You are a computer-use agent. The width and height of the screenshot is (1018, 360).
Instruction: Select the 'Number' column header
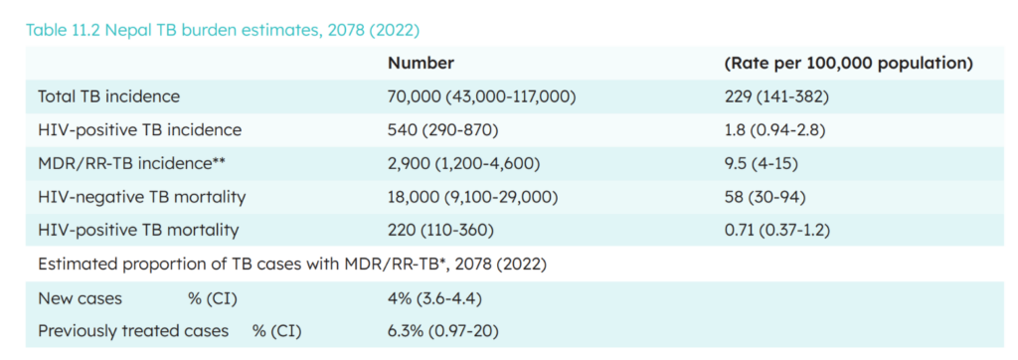pos(421,63)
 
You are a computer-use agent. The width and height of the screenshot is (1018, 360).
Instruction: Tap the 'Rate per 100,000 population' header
pos(849,64)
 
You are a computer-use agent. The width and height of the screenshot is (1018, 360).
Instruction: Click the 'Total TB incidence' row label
pos(109,96)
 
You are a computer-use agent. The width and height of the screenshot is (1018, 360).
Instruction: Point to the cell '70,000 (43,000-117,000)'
pos(482,97)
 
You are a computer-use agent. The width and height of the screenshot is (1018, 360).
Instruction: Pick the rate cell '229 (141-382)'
pos(776,97)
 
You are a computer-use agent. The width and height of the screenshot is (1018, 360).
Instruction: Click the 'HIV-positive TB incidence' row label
pos(139,130)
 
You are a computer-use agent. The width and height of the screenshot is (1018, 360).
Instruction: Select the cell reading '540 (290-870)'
pos(442,130)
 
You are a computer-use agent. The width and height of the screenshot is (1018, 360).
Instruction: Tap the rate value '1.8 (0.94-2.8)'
pos(774,130)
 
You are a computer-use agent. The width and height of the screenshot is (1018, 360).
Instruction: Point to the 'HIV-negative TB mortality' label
pos(142,197)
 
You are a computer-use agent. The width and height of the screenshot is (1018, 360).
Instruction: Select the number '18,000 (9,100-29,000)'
pos(472,197)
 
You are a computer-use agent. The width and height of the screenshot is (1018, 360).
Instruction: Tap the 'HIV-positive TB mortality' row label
pos(138,230)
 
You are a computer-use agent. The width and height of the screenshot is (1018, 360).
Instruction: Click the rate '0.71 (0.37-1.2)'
pos(777,230)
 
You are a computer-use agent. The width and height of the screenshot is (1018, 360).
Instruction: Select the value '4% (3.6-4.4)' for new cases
pos(434,299)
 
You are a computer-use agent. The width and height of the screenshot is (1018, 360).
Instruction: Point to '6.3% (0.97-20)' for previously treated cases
pos(442,331)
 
